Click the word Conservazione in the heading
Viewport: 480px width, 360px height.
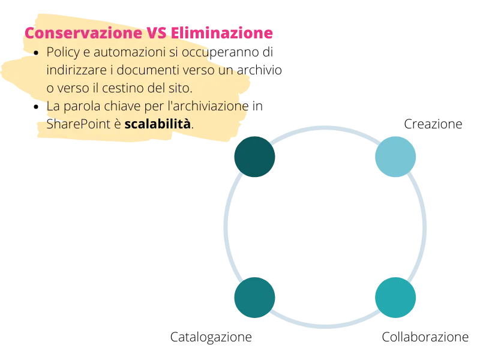tap(83, 33)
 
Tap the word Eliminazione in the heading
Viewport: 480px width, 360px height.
tap(221, 33)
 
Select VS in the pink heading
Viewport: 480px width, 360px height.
tap(157, 33)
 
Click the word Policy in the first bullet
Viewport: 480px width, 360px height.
tap(63, 53)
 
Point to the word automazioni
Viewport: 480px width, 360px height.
tap(130, 52)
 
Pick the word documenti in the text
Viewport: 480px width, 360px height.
tap(148, 70)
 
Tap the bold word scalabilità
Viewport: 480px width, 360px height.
tap(157, 124)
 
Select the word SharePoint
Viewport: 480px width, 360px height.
tap(78, 124)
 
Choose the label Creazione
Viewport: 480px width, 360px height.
tap(433, 124)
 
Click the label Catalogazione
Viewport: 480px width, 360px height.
tap(211, 337)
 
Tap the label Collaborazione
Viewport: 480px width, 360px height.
tap(425, 337)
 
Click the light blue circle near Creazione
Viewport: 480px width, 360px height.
tap(395, 157)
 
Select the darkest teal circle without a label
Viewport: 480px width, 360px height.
tap(254, 157)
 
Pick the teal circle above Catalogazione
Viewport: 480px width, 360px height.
tap(254, 298)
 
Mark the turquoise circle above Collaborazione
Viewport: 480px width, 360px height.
tap(395, 298)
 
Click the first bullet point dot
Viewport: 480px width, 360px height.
tap(36, 53)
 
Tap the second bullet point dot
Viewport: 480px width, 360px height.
tap(36, 107)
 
